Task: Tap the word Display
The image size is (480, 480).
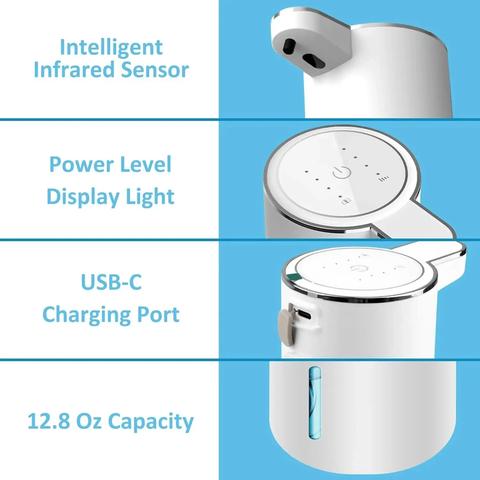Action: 83,196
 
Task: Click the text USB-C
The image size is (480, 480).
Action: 111,282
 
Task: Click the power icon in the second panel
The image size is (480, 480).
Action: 342,172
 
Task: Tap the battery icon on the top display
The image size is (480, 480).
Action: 346,201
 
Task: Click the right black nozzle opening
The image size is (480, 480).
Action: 314,60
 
